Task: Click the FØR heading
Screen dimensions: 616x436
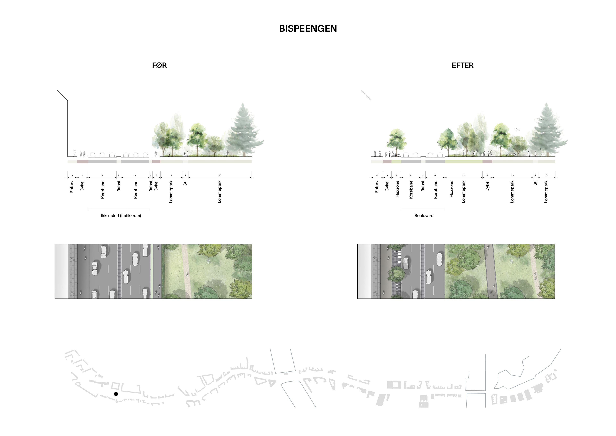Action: (x=159, y=65)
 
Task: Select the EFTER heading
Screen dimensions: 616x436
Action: (x=462, y=65)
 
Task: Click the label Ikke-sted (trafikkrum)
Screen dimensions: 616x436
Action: (x=121, y=216)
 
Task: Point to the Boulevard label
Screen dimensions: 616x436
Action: (x=424, y=216)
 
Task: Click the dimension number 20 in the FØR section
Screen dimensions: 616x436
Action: (x=220, y=175)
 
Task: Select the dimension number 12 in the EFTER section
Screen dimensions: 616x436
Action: (x=463, y=175)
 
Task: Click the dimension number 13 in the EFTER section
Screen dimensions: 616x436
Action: (x=512, y=175)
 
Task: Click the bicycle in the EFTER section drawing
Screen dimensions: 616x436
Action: (x=397, y=155)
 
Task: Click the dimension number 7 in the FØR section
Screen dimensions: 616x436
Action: (x=171, y=175)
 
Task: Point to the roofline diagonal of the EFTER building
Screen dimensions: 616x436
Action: (x=366, y=95)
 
